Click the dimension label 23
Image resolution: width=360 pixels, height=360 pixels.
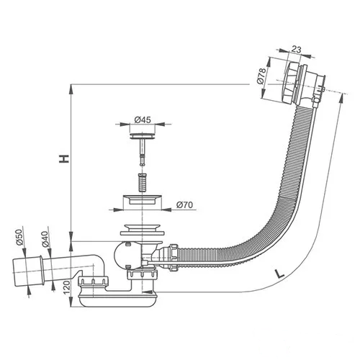coord(296,50)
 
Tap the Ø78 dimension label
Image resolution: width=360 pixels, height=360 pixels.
coord(261,76)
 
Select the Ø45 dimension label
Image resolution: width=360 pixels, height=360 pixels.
coord(143,120)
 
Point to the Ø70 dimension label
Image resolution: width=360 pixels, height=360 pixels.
coord(184,204)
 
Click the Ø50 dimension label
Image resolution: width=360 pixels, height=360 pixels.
coord(19,237)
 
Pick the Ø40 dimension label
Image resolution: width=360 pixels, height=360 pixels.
coord(45,239)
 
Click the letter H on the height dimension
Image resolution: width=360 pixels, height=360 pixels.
coord(64,159)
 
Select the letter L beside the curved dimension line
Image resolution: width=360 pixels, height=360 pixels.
coord(279,274)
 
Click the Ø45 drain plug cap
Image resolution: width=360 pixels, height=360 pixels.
coord(143,135)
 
